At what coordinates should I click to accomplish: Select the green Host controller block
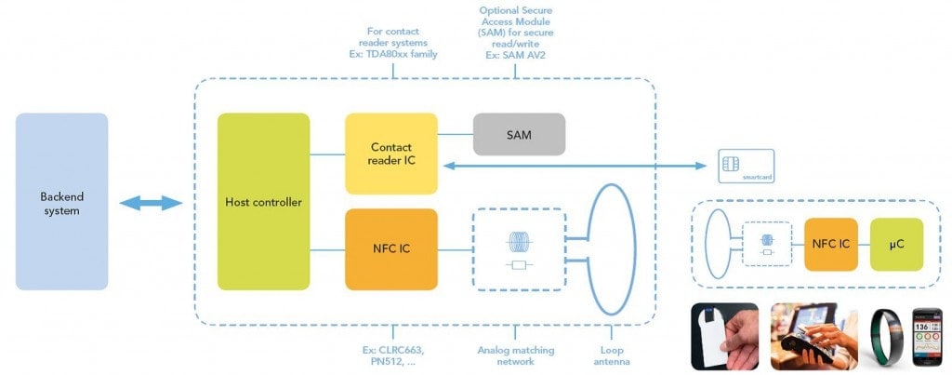pyautogui.click(x=263, y=201)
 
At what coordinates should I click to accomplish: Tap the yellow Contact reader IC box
pyautogui.click(x=390, y=154)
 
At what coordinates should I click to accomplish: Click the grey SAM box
pyautogui.click(x=519, y=134)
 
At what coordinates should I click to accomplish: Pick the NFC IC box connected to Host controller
pyautogui.click(x=390, y=248)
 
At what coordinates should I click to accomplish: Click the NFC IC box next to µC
pyautogui.click(x=830, y=245)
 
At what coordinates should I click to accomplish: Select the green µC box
pyautogui.click(x=896, y=245)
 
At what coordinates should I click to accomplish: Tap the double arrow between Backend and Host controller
pyautogui.click(x=151, y=203)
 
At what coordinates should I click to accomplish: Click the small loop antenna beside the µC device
pyautogui.click(x=719, y=244)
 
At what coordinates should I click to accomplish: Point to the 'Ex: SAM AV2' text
pyautogui.click(x=518, y=56)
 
